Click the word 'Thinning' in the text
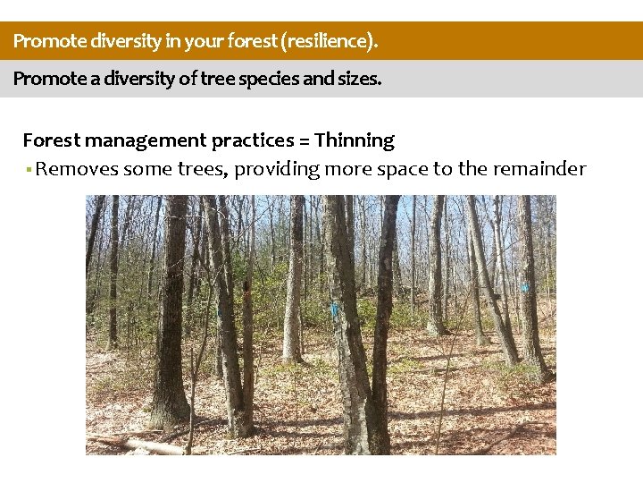(x=355, y=140)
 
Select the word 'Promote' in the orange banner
(x=44, y=41)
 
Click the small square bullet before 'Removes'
(x=28, y=170)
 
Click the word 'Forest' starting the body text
(x=52, y=140)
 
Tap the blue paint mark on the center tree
(x=335, y=309)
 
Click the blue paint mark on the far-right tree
(x=525, y=287)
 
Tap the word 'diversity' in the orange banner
(x=110, y=41)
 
